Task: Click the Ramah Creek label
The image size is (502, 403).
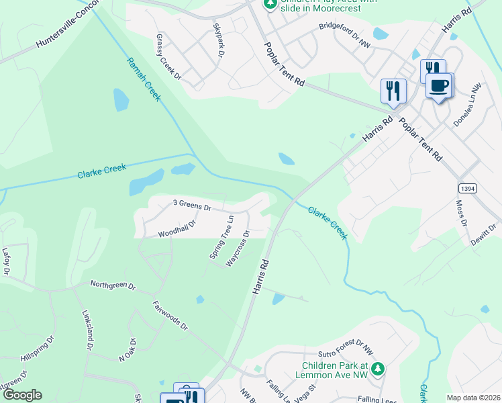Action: (144, 79)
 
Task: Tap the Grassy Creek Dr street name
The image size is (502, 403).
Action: (168, 57)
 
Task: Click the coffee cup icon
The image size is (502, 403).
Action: (439, 85)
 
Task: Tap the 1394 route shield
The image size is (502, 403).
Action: (468, 189)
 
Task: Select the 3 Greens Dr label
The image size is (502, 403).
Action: (192, 204)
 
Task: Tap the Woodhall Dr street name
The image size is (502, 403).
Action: (177, 229)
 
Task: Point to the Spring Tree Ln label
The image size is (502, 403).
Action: (221, 236)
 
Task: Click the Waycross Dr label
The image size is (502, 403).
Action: (238, 249)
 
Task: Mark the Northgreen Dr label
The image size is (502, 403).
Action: (113, 285)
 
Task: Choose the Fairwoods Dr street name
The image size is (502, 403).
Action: (170, 315)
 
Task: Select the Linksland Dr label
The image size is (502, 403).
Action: (87, 330)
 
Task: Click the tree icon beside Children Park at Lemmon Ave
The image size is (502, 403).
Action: (378, 369)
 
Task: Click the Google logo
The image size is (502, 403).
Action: (22, 395)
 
